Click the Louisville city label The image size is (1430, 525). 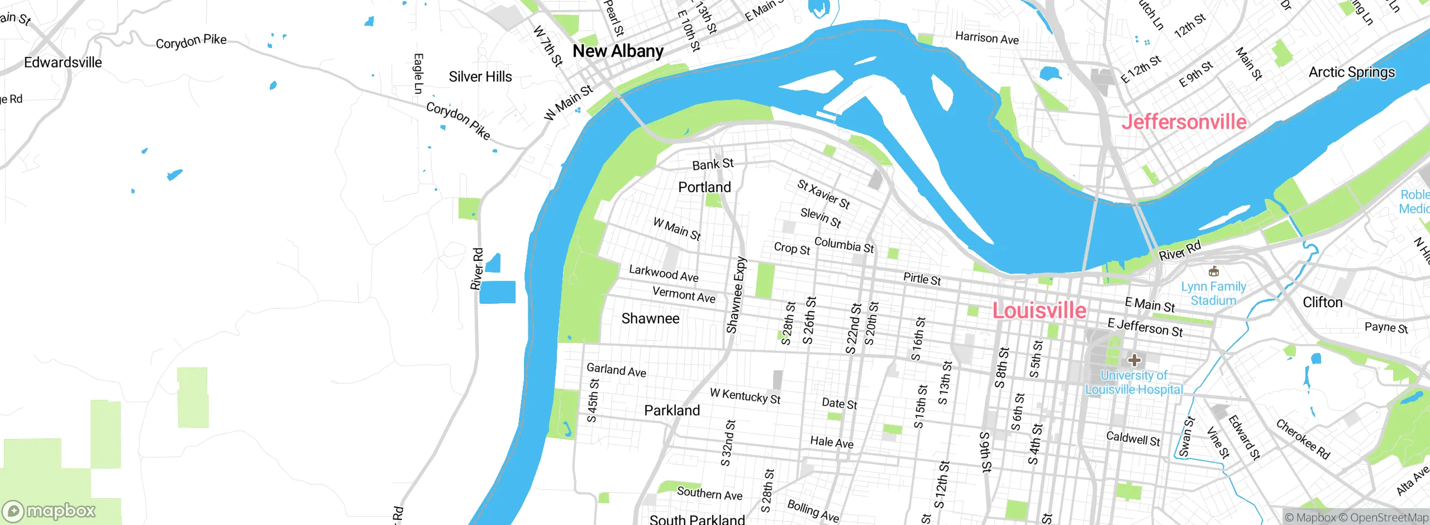tap(1039, 311)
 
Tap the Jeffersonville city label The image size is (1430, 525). tap(1184, 122)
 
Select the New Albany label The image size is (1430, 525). tap(618, 51)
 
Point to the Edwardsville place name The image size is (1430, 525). tap(63, 63)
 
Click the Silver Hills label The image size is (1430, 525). tap(480, 77)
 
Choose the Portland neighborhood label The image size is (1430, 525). tap(704, 187)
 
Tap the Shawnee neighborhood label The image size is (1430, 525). tap(650, 318)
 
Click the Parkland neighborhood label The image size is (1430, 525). tap(671, 411)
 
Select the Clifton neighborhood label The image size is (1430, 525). tap(1322, 302)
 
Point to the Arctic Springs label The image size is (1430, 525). tap(1351, 72)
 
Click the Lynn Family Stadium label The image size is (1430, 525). tap(1213, 294)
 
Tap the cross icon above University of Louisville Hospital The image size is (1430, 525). tap(1134, 360)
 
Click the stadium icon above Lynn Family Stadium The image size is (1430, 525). tap(1213, 272)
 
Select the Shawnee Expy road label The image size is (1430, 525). tap(736, 295)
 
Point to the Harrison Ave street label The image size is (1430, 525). tap(986, 38)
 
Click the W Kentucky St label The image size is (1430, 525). tap(745, 396)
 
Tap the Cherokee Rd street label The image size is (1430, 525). tap(1303, 440)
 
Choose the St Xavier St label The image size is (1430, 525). tap(823, 194)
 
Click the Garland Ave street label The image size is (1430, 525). tap(616, 370)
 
